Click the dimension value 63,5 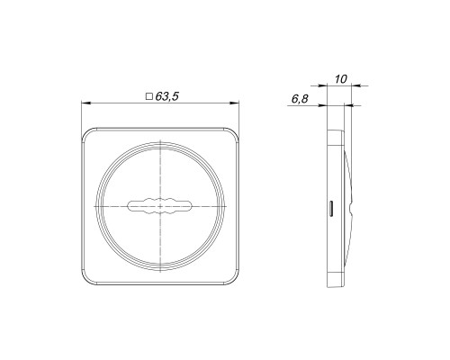tap(167, 96)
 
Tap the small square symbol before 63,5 tap(149, 96)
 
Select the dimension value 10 tap(340, 79)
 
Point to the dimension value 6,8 tap(300, 99)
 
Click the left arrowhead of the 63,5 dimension tap(85, 103)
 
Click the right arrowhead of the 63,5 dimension tap(235, 103)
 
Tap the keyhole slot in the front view tap(159, 206)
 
